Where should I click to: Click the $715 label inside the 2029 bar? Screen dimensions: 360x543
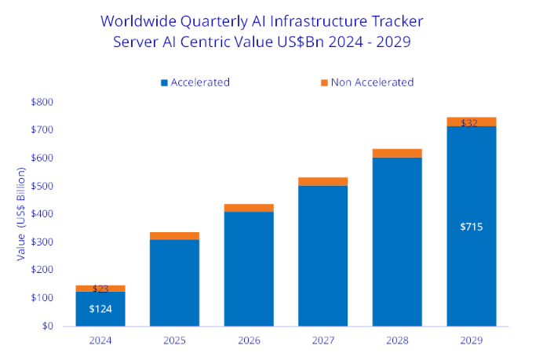472,227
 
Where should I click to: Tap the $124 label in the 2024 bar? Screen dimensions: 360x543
100,308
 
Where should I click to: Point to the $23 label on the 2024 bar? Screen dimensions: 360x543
100,289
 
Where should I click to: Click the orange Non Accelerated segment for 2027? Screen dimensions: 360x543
323,181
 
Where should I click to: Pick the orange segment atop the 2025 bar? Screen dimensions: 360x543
174,235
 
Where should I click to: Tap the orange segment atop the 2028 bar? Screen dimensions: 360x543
397,153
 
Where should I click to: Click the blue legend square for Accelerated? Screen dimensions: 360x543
165,82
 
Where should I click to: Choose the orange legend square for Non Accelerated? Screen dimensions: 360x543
323,82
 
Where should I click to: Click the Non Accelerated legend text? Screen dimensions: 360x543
371,82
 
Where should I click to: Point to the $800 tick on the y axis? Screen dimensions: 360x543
42,102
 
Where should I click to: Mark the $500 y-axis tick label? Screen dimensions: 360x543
42,186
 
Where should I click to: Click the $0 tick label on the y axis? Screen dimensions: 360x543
47,326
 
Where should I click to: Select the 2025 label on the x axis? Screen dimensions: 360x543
174,340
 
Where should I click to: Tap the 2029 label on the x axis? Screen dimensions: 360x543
472,340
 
